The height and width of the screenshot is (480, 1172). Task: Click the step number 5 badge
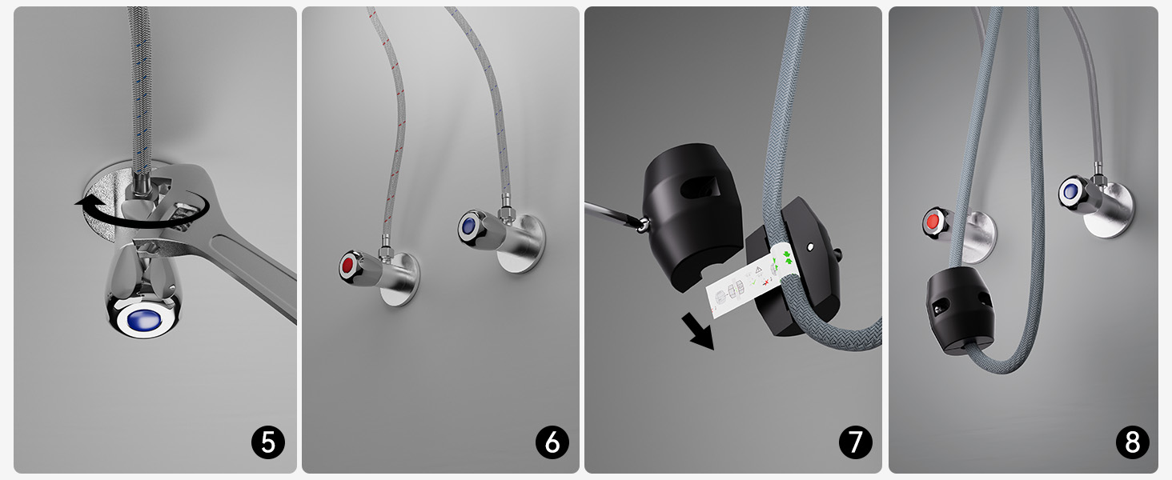[x=268, y=442]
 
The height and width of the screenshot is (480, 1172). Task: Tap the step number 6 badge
[x=552, y=442]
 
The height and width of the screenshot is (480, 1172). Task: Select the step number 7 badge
[x=856, y=442]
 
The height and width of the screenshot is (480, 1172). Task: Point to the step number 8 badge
[x=1132, y=442]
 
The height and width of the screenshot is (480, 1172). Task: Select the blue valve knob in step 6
[x=469, y=226]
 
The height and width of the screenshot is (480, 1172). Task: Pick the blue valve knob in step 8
[x=1071, y=192]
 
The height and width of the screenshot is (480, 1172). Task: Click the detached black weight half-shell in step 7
[x=691, y=214]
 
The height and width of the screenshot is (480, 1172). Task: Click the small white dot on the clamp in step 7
[x=810, y=246]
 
